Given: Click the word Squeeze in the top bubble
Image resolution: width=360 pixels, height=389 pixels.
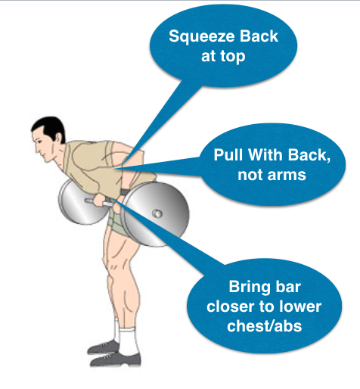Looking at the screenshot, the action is pyautogui.click(x=201, y=37).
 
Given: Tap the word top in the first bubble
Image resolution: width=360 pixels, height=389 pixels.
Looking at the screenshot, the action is pyautogui.click(x=233, y=57).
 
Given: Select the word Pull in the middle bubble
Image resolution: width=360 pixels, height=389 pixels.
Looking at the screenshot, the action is pyautogui.click(x=228, y=154).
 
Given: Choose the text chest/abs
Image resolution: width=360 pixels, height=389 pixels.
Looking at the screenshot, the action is pyautogui.click(x=264, y=325).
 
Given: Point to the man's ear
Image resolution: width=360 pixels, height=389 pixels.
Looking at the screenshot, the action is pyautogui.click(x=59, y=138).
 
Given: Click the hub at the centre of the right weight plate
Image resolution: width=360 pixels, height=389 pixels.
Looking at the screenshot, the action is pyautogui.click(x=157, y=214).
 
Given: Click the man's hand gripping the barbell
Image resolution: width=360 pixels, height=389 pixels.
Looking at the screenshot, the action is pyautogui.click(x=101, y=201).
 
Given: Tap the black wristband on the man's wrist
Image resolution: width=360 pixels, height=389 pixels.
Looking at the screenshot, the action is pyautogui.click(x=125, y=192).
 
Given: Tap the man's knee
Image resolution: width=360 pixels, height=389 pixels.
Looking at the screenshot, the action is pyautogui.click(x=108, y=263).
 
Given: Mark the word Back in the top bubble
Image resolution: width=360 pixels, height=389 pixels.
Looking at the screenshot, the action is pyautogui.click(x=259, y=36).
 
